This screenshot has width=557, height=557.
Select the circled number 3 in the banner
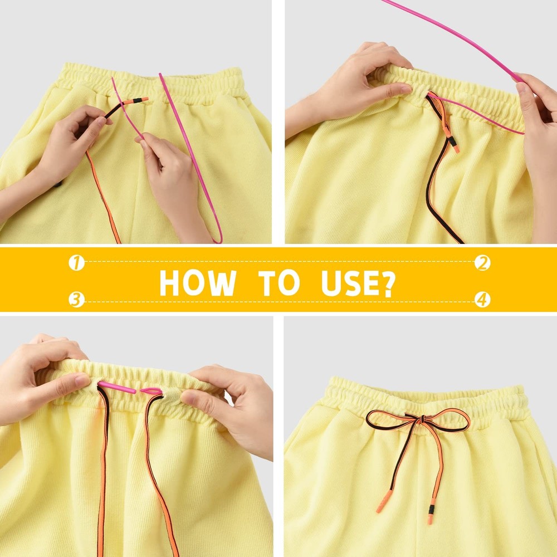[x=76, y=300]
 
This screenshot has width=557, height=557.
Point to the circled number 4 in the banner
[x=482, y=300]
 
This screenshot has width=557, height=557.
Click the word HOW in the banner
[x=197, y=282]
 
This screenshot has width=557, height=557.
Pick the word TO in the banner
[x=278, y=282]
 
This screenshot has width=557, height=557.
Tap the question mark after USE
[x=386, y=282]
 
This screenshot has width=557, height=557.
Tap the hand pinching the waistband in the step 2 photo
[x=356, y=78]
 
